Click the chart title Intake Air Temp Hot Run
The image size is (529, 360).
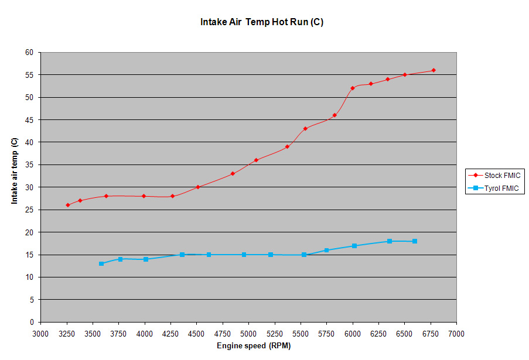[x=262, y=23]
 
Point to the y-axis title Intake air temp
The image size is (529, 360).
[x=15, y=171]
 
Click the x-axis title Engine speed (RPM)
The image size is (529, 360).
[x=253, y=346]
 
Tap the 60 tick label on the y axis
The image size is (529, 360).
[x=29, y=52]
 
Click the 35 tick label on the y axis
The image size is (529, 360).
[x=29, y=164]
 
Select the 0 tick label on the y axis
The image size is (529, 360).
[x=32, y=322]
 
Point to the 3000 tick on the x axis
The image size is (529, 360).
[x=40, y=333]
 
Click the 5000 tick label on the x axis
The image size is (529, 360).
[x=248, y=333]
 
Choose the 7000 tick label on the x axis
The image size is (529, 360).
[x=456, y=333]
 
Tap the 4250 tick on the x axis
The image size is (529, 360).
[x=170, y=333]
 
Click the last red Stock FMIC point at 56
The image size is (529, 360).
[x=434, y=70]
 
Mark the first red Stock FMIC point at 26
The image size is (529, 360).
[x=67, y=205]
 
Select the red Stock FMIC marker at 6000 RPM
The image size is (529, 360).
[x=353, y=88]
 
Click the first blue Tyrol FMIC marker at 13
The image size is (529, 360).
[x=101, y=263]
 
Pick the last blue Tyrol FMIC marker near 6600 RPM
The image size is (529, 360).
[x=415, y=241]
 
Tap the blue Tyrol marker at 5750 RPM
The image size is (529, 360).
[x=327, y=250]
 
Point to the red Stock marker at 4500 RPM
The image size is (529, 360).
[x=198, y=187]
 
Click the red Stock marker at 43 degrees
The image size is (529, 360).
[x=305, y=129]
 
